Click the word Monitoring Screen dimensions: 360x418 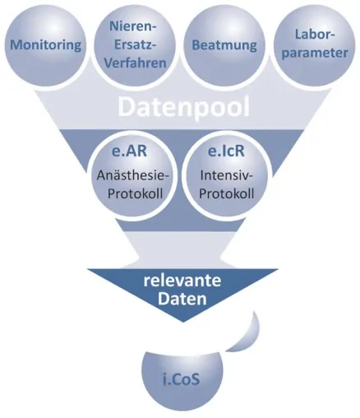45,45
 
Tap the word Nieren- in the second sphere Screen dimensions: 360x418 132,26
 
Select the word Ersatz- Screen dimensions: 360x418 135,44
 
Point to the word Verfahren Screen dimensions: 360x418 135,63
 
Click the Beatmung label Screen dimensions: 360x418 224,45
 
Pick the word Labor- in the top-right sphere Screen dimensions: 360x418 315,35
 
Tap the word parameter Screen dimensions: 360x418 315,53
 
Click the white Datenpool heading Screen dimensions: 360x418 184,107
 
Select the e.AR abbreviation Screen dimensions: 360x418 129,151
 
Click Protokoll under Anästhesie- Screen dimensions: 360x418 135,193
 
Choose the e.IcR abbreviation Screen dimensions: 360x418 226,151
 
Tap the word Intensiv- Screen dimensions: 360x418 227,175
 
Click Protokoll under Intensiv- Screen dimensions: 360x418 227,193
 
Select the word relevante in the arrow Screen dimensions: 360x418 182,281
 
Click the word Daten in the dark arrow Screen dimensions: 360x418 182,299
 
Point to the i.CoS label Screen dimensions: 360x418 181,379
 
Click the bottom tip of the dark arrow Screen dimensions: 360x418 182,322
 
